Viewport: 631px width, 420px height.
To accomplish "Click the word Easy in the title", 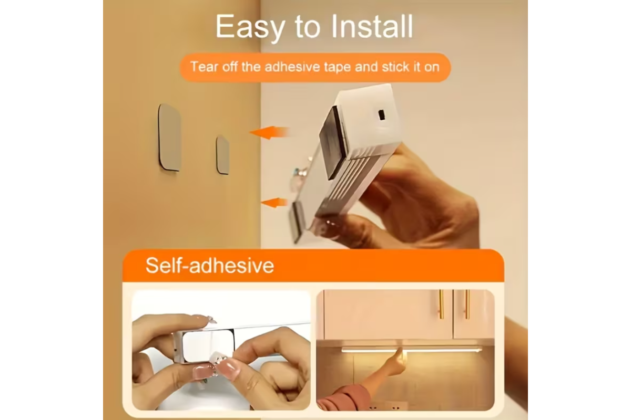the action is point(250,27).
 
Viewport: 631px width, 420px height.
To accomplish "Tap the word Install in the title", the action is point(372,26).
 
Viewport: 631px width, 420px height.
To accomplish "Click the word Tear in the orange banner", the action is point(204,67).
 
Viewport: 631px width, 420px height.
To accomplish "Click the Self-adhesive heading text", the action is point(210,265).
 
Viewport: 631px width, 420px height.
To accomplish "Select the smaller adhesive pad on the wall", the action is point(222,155).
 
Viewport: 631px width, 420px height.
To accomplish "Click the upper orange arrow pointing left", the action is point(269,132).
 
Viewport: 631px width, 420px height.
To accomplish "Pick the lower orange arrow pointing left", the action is point(274,203).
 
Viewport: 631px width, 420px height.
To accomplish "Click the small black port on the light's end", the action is point(381,115).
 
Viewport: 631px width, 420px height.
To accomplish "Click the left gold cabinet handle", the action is point(441,304).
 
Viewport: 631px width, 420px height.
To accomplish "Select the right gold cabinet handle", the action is point(467,304).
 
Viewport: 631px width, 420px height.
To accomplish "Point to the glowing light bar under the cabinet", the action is point(412,350).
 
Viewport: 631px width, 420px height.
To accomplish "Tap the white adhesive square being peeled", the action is point(208,345).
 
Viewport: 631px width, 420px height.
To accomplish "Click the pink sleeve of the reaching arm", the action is point(344,397).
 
